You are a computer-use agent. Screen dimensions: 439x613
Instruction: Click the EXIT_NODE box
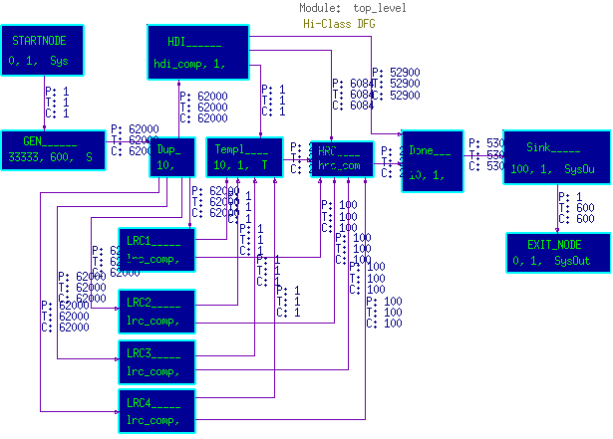[554, 253]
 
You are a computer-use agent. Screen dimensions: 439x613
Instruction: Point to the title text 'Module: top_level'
[353, 8]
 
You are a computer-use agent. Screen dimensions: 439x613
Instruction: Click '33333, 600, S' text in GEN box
[50, 157]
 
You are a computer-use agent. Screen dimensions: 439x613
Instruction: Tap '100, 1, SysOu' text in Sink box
[552, 169]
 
